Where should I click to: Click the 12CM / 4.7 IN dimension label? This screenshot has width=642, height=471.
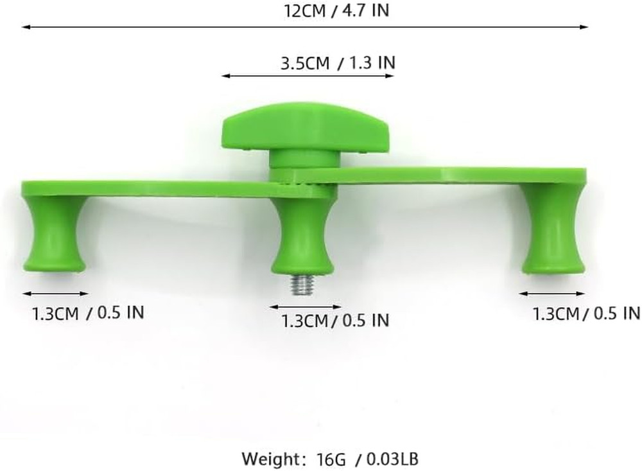pos(336,11)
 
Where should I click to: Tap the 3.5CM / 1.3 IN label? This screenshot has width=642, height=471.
pos(338,63)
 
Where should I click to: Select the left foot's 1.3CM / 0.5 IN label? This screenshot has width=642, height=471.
pos(88,313)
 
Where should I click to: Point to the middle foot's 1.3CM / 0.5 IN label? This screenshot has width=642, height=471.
pos(335,320)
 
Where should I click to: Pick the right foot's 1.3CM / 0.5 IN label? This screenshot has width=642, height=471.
pos(586,314)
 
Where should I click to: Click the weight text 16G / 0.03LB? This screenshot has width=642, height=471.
pos(367,459)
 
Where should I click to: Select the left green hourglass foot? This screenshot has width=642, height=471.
pos(54,235)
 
